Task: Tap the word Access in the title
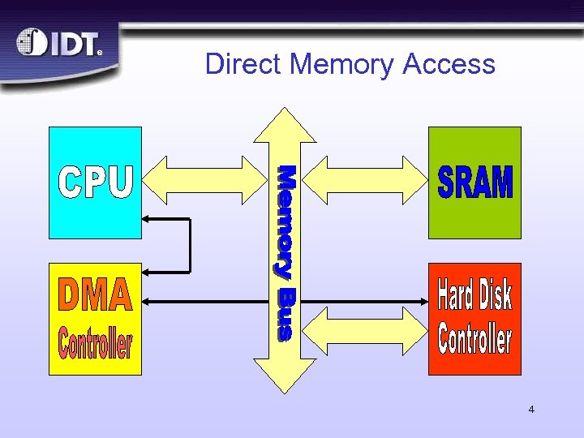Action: click(x=449, y=63)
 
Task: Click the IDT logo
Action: click(x=59, y=44)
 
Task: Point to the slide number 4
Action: click(x=531, y=410)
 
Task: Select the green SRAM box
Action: click(x=474, y=182)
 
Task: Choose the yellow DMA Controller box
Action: click(x=95, y=319)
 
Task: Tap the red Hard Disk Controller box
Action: click(x=474, y=319)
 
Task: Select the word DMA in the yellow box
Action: click(x=95, y=296)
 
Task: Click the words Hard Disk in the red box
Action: click(x=474, y=294)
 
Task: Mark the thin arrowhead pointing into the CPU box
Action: click(x=147, y=218)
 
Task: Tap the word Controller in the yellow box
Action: click(x=95, y=343)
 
